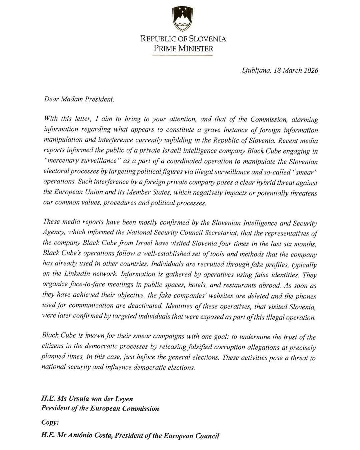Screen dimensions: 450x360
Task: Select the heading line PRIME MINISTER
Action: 183,48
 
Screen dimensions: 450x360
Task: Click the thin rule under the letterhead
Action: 183,55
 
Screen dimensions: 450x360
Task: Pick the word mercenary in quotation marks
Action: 61,161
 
